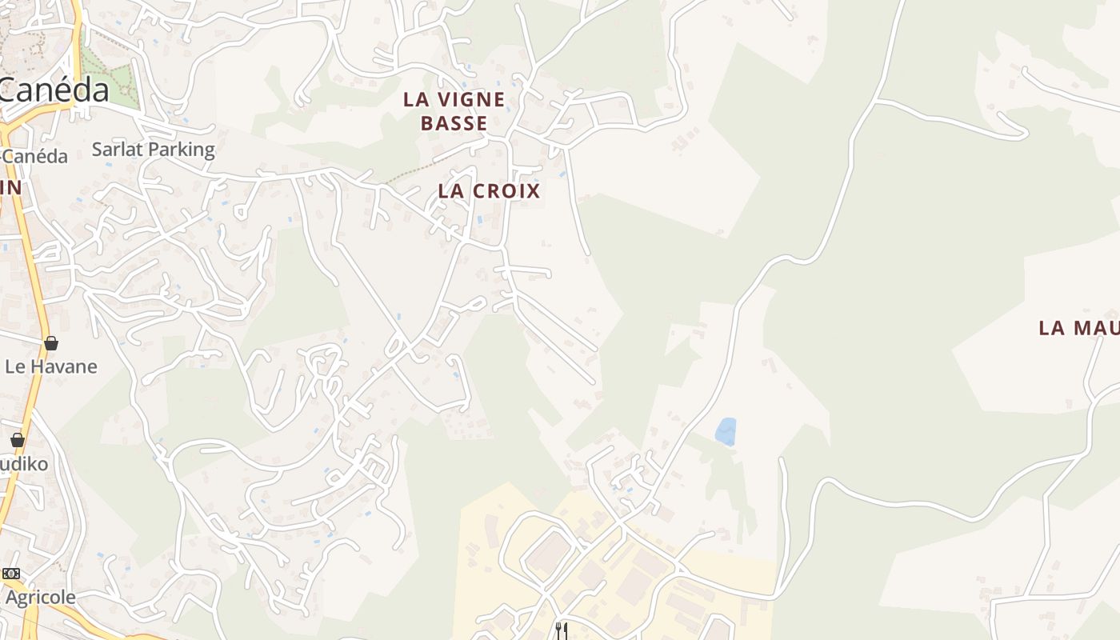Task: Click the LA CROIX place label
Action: (x=489, y=190)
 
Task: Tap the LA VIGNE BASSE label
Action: (x=454, y=111)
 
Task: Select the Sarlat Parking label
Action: (x=153, y=150)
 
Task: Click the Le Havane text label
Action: (x=51, y=366)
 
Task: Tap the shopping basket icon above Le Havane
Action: (x=51, y=343)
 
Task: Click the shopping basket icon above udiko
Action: (x=17, y=440)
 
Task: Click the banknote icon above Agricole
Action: (x=10, y=574)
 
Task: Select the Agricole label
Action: (x=40, y=597)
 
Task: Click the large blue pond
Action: (x=726, y=432)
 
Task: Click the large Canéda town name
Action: (x=54, y=90)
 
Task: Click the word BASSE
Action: (x=454, y=123)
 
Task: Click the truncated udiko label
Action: (x=24, y=464)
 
